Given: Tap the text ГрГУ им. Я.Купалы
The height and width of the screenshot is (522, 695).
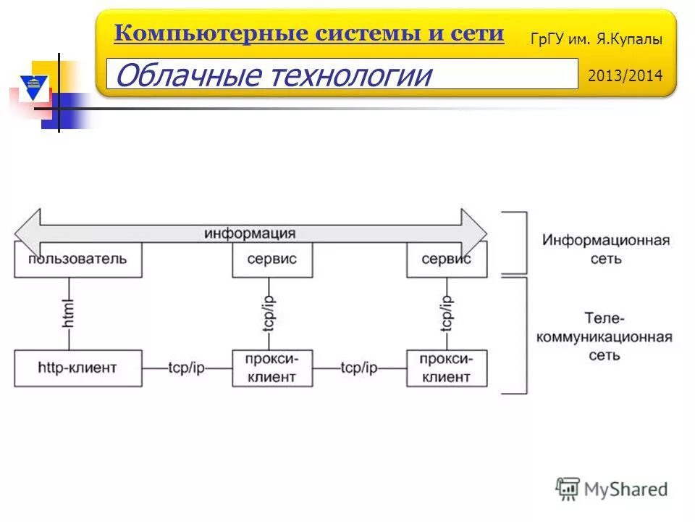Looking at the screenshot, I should (x=596, y=40).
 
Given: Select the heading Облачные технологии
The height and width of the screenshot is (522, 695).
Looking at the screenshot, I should (x=273, y=75).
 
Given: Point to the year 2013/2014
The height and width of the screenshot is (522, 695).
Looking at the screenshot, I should (x=625, y=75).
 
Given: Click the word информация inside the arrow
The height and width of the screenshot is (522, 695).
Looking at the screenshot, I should (x=249, y=233).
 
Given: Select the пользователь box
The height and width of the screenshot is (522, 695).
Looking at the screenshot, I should (x=77, y=260).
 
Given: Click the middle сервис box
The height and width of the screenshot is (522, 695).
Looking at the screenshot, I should (x=272, y=260).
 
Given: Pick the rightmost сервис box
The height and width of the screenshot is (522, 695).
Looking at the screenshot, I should (x=447, y=260).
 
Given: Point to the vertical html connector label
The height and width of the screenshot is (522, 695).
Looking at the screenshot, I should (x=69, y=313).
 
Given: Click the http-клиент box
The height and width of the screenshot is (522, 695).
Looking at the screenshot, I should (x=77, y=368).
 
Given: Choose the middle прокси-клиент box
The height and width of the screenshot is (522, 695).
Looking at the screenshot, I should (x=272, y=368).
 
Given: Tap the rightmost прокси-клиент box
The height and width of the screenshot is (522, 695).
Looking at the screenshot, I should (x=447, y=368).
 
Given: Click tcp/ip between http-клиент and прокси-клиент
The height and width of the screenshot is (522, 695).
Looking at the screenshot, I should (x=187, y=368).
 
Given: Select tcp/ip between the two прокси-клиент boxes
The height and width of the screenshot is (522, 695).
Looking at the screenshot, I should (x=359, y=368).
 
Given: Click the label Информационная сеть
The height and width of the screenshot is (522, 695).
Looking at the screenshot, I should (x=606, y=249).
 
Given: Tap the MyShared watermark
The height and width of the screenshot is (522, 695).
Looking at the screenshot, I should (x=612, y=489).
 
